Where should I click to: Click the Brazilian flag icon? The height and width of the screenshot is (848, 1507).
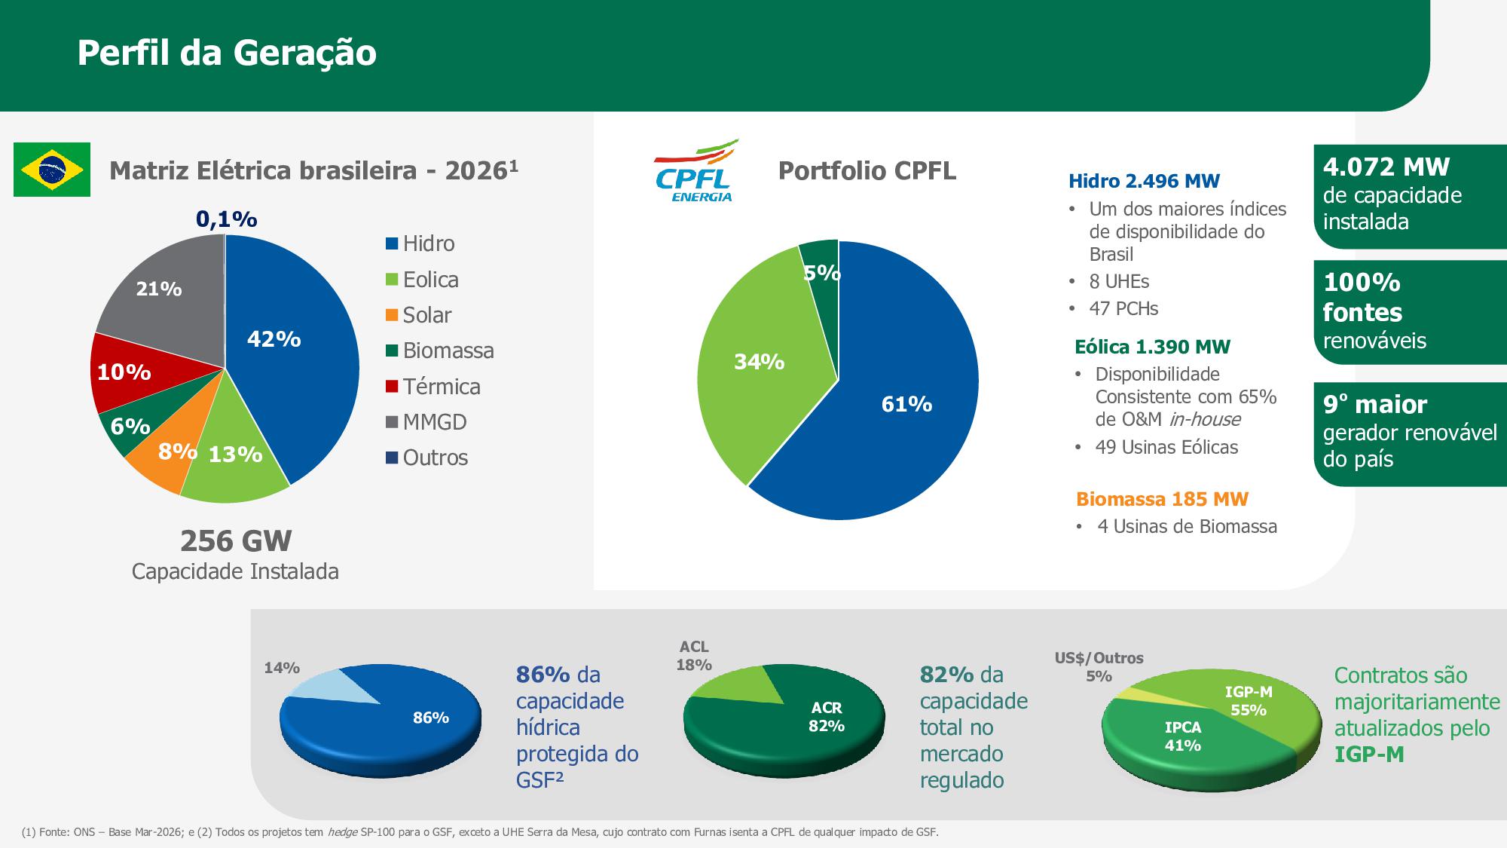pos(52,170)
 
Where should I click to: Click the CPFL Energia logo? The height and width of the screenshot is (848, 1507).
pos(695,170)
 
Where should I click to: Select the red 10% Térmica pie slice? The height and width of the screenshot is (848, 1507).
pos(136,372)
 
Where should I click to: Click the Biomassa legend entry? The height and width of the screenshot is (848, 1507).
pos(440,351)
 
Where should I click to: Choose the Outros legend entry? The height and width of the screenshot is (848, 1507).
pos(426,458)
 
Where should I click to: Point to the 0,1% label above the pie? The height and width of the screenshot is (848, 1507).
pos(227,219)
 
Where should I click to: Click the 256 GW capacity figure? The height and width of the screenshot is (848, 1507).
pos(236,541)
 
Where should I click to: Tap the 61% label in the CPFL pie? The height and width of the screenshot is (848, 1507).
pos(907,405)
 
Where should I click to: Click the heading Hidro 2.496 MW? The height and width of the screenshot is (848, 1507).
pos(1144,181)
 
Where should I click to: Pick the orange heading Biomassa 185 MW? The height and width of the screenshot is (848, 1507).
pos(1162,499)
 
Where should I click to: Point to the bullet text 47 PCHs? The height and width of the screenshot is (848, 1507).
pos(1123,308)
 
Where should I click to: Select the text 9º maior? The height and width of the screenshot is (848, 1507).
pos(1375,405)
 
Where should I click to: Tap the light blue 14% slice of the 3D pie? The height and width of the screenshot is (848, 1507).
pos(332,686)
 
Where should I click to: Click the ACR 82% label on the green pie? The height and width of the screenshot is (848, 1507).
pos(827,717)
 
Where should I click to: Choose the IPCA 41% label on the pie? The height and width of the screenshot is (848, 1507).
pos(1183,736)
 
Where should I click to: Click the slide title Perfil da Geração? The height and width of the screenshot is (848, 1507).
pos(227,53)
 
